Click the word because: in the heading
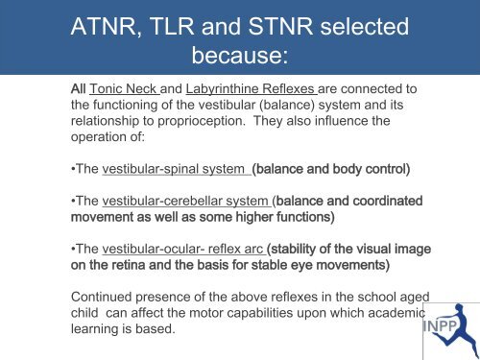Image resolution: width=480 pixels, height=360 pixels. pyautogui.click(x=238, y=60)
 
